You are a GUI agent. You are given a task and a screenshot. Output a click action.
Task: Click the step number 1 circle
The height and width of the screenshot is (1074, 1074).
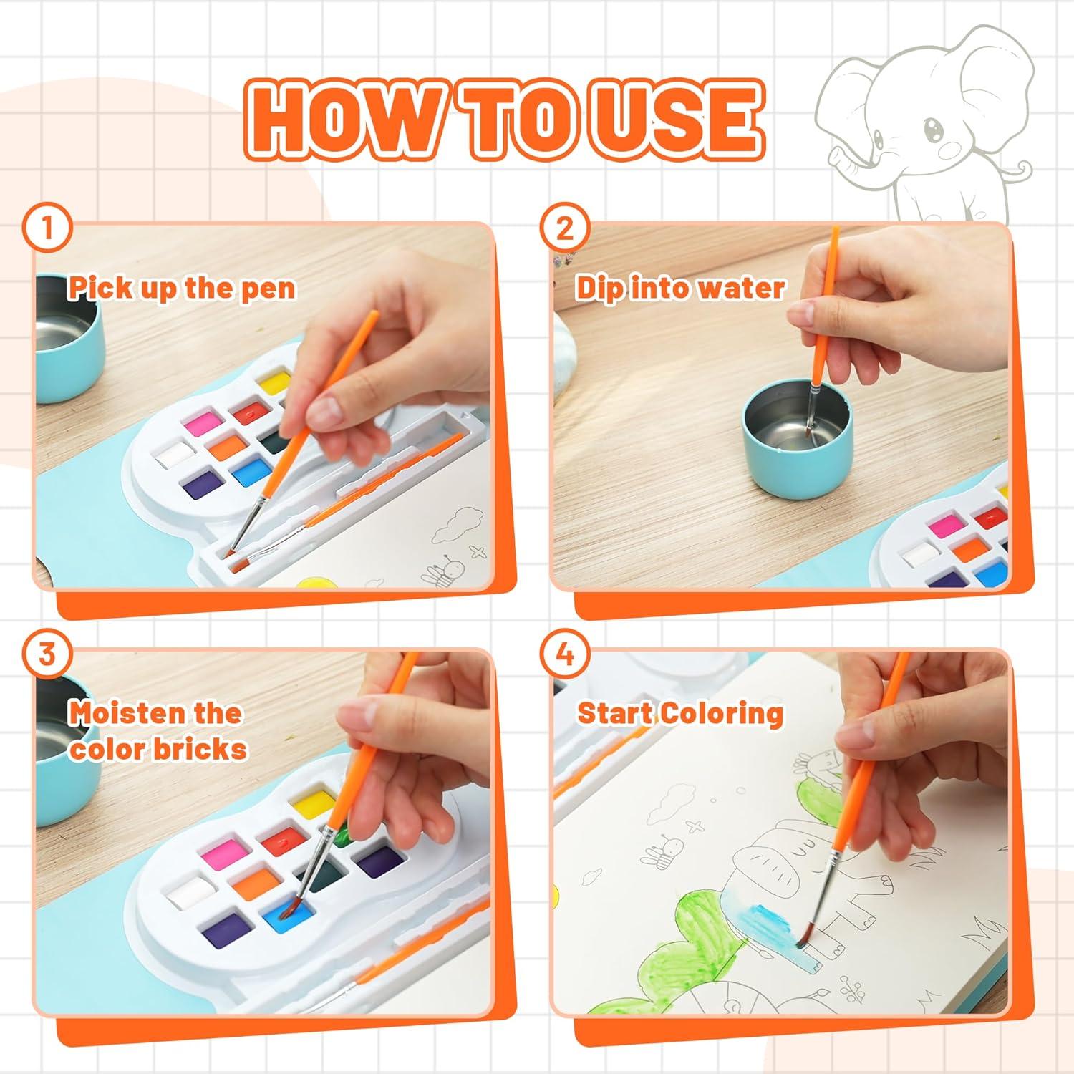point(47,228)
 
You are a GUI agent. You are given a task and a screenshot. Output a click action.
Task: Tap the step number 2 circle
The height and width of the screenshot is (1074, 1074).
point(565,228)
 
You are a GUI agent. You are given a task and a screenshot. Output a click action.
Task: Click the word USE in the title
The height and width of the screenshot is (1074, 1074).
point(674,120)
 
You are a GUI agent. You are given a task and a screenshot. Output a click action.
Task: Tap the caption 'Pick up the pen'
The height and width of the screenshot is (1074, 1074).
point(182,288)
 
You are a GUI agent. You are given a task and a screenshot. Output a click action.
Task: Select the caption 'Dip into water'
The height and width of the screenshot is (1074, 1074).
point(680,288)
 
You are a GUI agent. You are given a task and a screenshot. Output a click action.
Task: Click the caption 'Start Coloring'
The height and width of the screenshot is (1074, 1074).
point(680,713)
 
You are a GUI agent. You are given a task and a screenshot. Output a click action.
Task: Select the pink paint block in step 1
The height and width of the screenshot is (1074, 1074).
point(200,422)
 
